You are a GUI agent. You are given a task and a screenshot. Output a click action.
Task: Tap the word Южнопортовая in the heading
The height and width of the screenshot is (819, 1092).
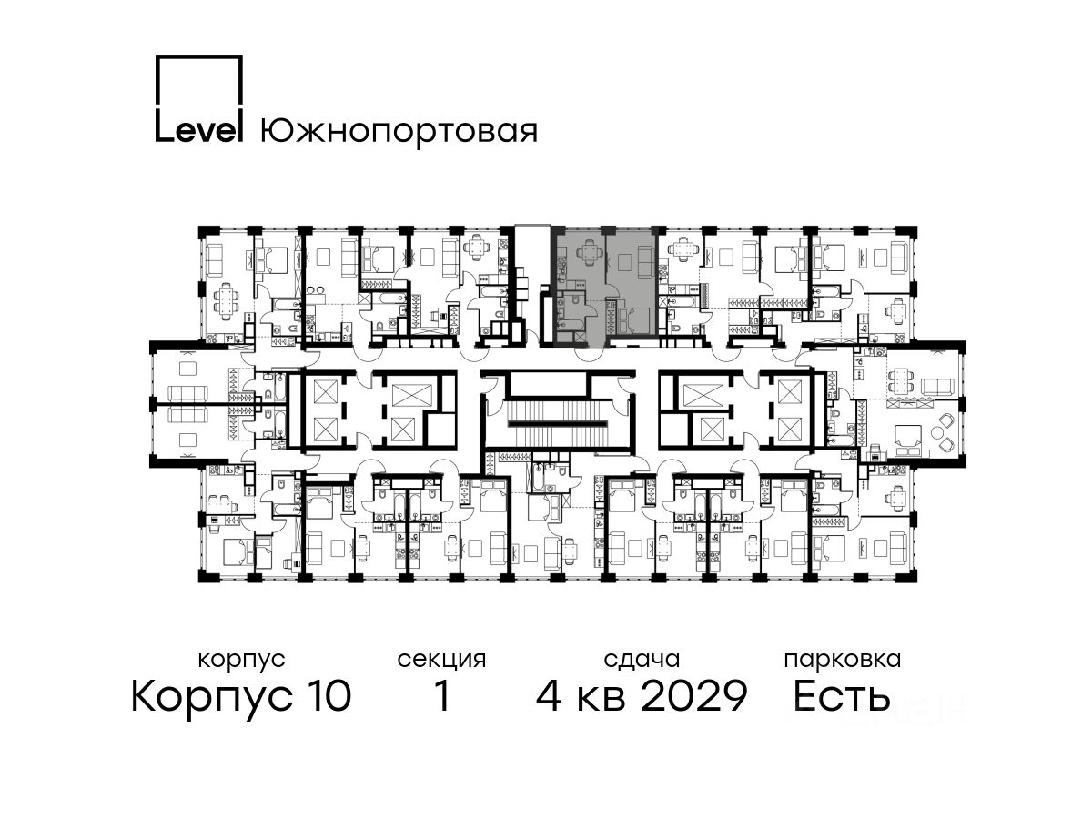(399, 132)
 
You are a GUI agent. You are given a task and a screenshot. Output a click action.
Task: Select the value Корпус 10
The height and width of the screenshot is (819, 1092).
(241, 696)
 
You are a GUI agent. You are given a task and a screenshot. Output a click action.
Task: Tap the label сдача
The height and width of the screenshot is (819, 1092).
(642, 661)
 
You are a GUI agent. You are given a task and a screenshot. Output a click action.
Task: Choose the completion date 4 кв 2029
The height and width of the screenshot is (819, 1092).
(642, 695)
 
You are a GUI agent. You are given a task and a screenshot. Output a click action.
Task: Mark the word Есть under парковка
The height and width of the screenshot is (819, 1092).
(842, 695)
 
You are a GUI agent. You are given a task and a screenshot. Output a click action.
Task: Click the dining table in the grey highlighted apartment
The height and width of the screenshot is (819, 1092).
(589, 249)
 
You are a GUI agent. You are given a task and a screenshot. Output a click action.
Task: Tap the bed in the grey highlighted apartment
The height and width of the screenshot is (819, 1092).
(633, 320)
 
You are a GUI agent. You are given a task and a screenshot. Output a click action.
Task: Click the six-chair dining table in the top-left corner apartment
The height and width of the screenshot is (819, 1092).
(226, 302)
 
